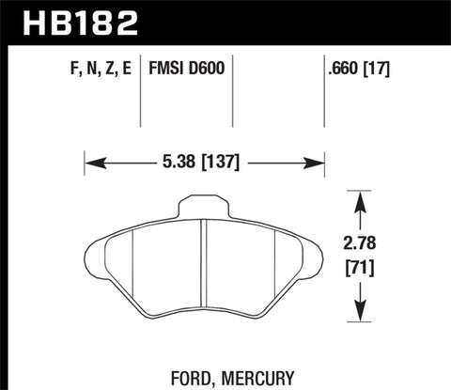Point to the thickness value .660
pos(340,68)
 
